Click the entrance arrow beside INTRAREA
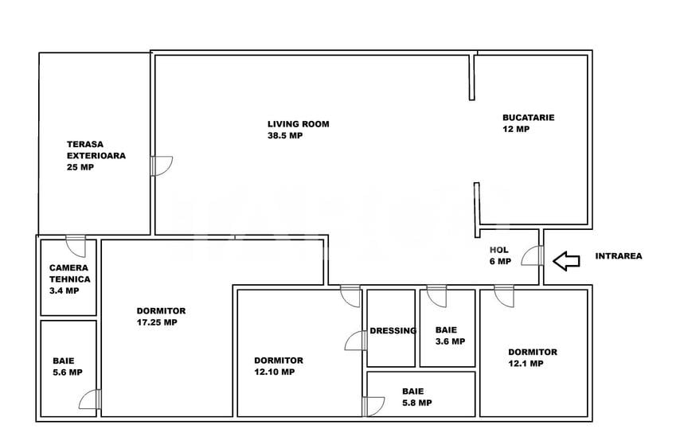tap(566, 261)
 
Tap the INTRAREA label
tap(619, 256)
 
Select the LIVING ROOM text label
tap(299, 124)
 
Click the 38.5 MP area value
tap(285, 135)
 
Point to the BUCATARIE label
tap(528, 118)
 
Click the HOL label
tap(499, 250)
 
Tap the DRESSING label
tap(393, 331)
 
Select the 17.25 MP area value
tap(157, 322)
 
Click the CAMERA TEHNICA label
tap(69, 274)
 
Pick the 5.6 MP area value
tap(68, 372)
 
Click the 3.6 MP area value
tap(450, 341)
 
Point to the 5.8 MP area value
tap(417, 403)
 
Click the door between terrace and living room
tap(162, 166)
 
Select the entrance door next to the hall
tap(532, 255)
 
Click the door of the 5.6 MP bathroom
tap(90, 399)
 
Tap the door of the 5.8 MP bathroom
tap(373, 407)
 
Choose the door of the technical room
tap(76, 246)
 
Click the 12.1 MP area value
tap(526, 364)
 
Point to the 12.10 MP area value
tap(275, 372)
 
